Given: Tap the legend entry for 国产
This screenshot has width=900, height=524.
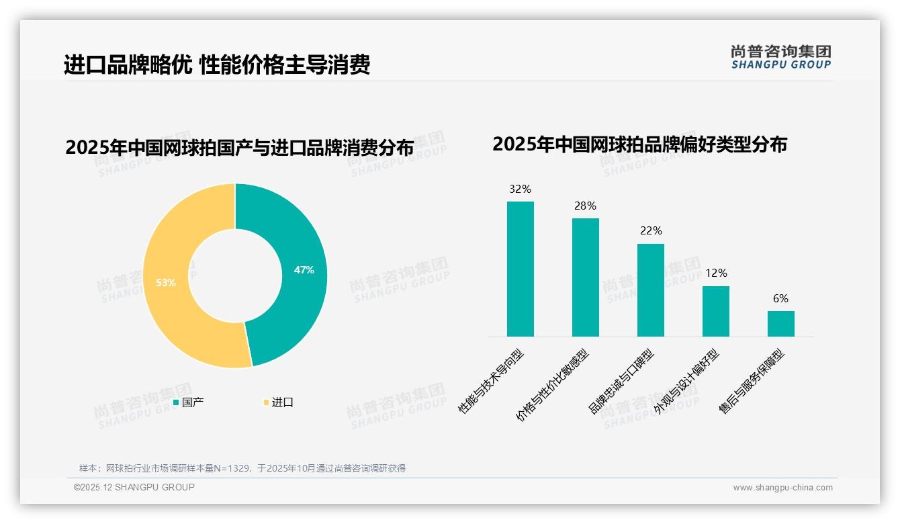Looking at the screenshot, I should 189,402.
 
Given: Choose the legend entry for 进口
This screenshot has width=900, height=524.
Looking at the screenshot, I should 278,402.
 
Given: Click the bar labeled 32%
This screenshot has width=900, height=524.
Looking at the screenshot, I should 520,269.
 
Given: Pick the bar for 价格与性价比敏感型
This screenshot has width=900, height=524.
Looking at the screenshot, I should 585,277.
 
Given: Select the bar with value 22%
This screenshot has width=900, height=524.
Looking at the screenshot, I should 650,290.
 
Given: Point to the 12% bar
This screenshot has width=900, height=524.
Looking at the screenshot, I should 715,311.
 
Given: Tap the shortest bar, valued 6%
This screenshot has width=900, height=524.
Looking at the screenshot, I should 780,323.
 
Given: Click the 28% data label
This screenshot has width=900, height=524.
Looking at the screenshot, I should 585,206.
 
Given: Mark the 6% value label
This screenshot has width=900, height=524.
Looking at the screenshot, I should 780,299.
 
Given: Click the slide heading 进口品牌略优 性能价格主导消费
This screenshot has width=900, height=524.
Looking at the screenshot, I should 217,65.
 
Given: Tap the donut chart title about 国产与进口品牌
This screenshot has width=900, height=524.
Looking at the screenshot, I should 239,148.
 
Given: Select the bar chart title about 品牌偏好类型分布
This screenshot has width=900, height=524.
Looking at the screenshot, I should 639,144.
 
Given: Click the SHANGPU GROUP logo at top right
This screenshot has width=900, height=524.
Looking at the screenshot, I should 780,57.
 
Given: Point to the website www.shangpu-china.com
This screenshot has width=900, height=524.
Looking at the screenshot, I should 782,488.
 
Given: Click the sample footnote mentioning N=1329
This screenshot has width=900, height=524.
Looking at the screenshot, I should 242,468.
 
